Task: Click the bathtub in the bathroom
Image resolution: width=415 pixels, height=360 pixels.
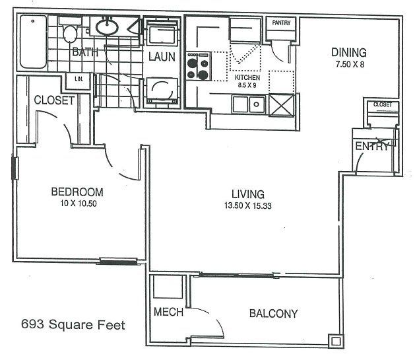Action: (33, 41)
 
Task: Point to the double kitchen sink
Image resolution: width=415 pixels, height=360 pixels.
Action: (247, 104)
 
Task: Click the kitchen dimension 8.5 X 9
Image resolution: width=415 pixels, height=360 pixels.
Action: (248, 85)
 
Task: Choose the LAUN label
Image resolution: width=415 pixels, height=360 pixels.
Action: (161, 57)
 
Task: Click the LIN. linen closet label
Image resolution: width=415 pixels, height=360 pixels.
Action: (79, 79)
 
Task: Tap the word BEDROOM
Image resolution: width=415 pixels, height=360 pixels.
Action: (77, 192)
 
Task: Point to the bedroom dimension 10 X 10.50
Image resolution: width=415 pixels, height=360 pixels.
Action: (77, 203)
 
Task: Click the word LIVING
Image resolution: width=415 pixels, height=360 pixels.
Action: (247, 194)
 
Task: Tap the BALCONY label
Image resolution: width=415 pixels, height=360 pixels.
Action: (273, 314)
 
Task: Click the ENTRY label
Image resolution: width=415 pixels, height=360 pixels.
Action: (372, 147)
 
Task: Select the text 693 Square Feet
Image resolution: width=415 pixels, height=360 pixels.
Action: (73, 324)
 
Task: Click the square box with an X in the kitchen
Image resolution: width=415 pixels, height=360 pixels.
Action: (283, 104)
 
